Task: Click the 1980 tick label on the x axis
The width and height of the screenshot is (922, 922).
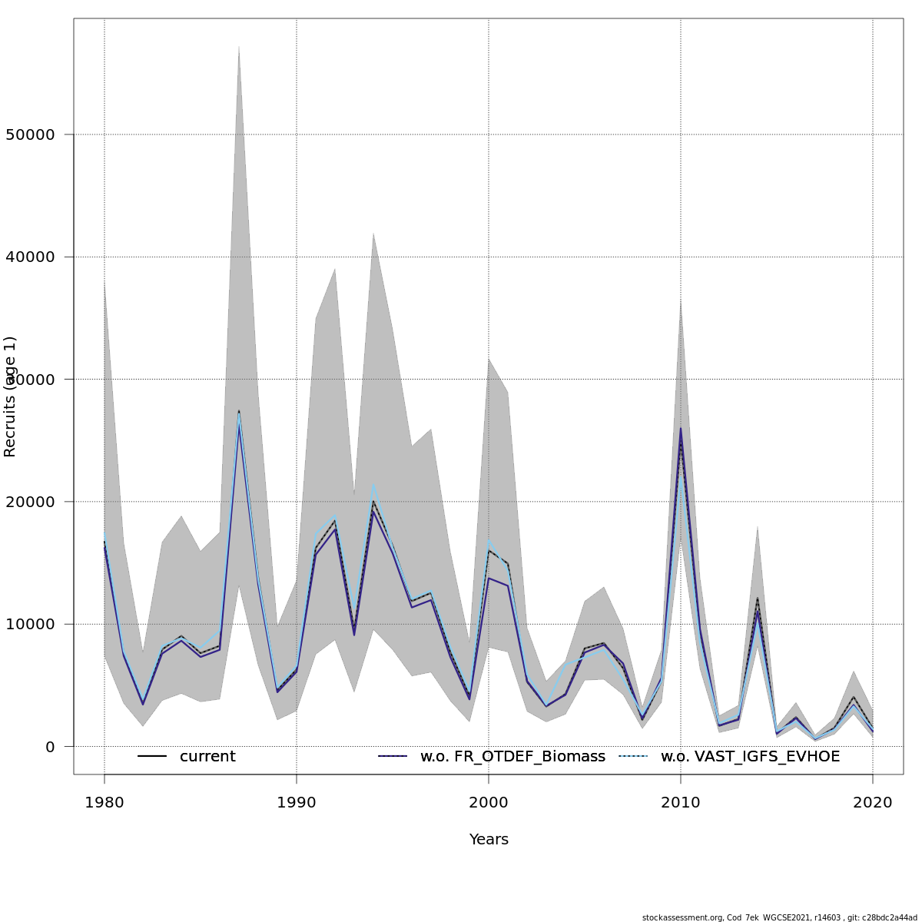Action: point(104,803)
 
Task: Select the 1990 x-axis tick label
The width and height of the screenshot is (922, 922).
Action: point(297,803)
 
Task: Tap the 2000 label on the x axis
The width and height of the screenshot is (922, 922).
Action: point(489,803)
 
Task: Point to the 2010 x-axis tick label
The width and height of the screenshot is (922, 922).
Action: point(681,803)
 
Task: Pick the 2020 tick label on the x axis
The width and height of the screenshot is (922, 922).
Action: point(873,803)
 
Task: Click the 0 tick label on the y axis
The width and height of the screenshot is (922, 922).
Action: point(50,747)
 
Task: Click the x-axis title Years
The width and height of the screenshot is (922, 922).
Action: point(489,840)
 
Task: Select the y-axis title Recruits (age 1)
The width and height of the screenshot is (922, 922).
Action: point(10,396)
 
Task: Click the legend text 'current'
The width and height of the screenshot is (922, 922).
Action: point(207,757)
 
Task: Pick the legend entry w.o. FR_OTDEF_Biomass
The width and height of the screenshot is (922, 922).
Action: point(512,757)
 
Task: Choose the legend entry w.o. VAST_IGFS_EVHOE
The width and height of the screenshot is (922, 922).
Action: point(750,757)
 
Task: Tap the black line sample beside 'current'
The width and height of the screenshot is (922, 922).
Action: point(152,757)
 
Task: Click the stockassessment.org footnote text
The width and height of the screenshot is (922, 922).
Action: point(779,917)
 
